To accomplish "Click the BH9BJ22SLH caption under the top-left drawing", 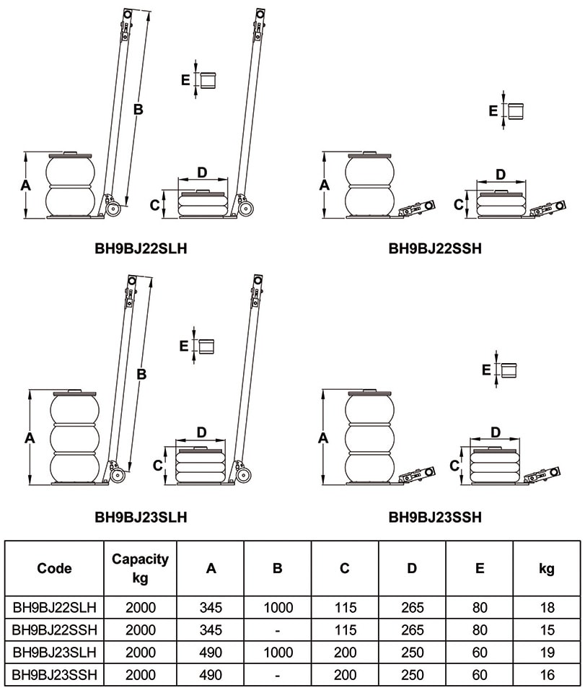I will [x=141, y=249].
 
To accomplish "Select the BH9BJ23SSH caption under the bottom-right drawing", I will [x=435, y=517].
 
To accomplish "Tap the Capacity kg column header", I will [x=140, y=568].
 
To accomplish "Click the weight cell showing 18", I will [x=547, y=609].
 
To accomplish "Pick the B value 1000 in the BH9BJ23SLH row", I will [x=278, y=653].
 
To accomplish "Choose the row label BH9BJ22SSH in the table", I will [x=55, y=630].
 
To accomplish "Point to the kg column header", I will [x=547, y=568].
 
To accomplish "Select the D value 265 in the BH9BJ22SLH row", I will [x=412, y=609].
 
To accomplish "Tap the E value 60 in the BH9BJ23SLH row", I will [x=479, y=653].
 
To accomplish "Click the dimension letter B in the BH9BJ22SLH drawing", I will [x=138, y=110].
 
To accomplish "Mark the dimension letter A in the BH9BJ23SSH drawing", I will [x=323, y=437].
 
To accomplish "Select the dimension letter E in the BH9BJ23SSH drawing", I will [x=486, y=370].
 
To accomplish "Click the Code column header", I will [x=55, y=568].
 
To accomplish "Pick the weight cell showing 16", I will [x=547, y=675].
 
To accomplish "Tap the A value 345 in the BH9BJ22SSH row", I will [x=211, y=630].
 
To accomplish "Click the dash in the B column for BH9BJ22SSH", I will [x=278, y=631].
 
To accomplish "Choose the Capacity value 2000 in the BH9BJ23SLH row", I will [x=140, y=653].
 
